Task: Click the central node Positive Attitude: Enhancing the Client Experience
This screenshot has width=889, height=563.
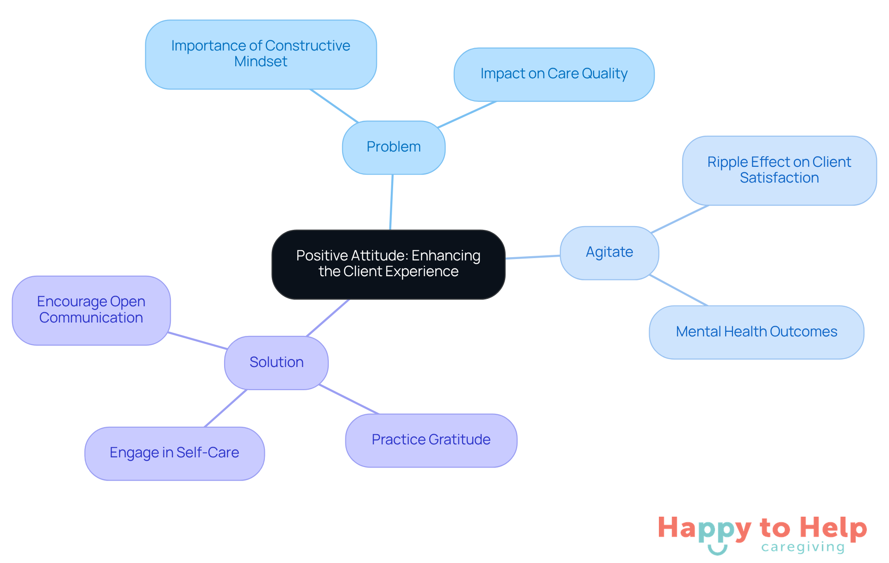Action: [x=388, y=264]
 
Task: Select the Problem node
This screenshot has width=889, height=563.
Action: [x=394, y=147]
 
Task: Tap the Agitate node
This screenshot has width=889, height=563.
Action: [x=609, y=253]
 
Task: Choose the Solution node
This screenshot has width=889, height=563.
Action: [x=276, y=362]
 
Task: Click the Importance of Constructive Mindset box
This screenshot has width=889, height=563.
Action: [x=261, y=54]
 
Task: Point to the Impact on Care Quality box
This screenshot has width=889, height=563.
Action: [x=554, y=74]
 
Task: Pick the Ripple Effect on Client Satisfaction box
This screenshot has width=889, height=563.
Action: [x=779, y=170]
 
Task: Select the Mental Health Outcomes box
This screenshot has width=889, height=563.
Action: [x=756, y=332]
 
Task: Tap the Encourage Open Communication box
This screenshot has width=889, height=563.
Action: [x=91, y=310]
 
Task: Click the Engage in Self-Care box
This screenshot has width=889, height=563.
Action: [x=175, y=453]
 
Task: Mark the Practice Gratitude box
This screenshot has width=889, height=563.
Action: [x=431, y=440]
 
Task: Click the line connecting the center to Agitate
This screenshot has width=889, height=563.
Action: [x=532, y=257]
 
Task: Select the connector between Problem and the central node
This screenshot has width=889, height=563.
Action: [x=391, y=202]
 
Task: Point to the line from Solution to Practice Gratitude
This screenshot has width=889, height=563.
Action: [x=349, y=399]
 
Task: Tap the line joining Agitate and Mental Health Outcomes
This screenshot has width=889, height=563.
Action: [x=678, y=290]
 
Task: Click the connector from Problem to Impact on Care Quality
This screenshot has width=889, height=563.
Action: [x=467, y=114]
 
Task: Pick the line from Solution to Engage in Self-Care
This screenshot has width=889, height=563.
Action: [x=225, y=408]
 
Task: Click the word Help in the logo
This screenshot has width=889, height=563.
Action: [x=833, y=528]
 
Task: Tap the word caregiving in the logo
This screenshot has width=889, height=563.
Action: [x=803, y=547]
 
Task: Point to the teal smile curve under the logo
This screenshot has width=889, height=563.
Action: [x=717, y=550]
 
